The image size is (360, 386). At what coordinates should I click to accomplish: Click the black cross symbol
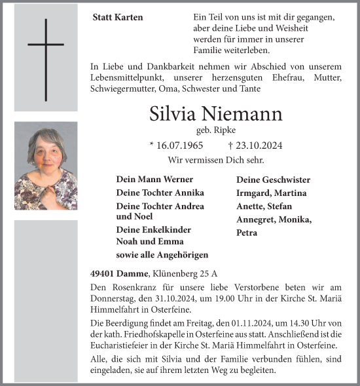(46, 59)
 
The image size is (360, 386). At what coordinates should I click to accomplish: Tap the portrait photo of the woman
(46, 165)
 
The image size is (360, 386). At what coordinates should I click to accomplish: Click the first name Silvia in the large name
(172, 113)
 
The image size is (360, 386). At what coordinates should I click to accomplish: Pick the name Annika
(189, 193)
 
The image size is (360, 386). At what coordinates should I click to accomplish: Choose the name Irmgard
(253, 193)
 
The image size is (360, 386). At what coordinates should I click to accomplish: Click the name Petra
(247, 233)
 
